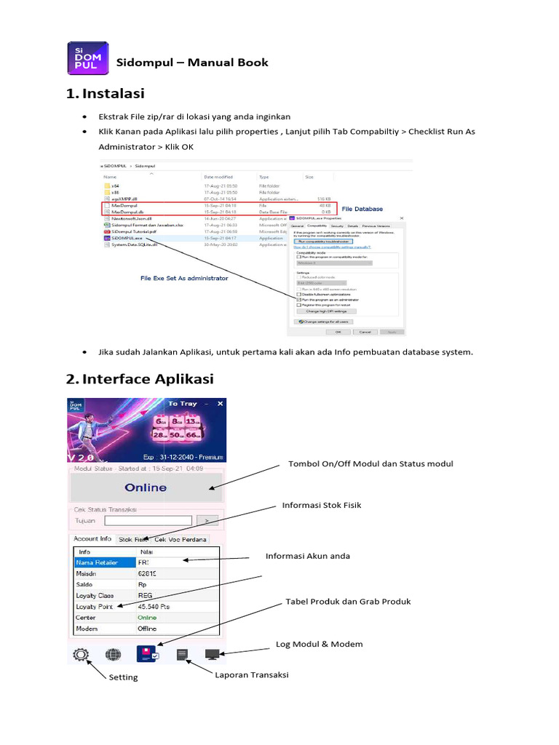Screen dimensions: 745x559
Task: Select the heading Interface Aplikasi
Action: [x=148, y=379]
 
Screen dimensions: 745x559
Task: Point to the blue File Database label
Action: [x=362, y=209]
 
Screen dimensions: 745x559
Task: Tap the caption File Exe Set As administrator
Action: [x=184, y=278]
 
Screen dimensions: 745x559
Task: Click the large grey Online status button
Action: [x=146, y=487]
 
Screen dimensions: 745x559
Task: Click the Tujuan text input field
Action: [x=148, y=520]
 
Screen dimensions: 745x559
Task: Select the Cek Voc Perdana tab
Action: [x=181, y=540]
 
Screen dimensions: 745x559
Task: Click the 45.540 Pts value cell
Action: [x=154, y=605]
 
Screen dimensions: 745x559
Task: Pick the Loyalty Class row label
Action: [x=96, y=594]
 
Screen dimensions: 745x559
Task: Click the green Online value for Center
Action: [x=147, y=617]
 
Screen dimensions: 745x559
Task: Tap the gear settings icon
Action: [x=80, y=655]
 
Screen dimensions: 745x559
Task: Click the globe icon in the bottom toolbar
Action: [x=113, y=655]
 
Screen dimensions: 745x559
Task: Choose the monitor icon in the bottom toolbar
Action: [x=213, y=655]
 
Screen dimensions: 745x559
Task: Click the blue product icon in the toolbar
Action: [x=148, y=654]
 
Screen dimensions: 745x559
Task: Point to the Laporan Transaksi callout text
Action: [x=252, y=674]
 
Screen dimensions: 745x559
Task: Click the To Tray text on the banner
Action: [x=183, y=403]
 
